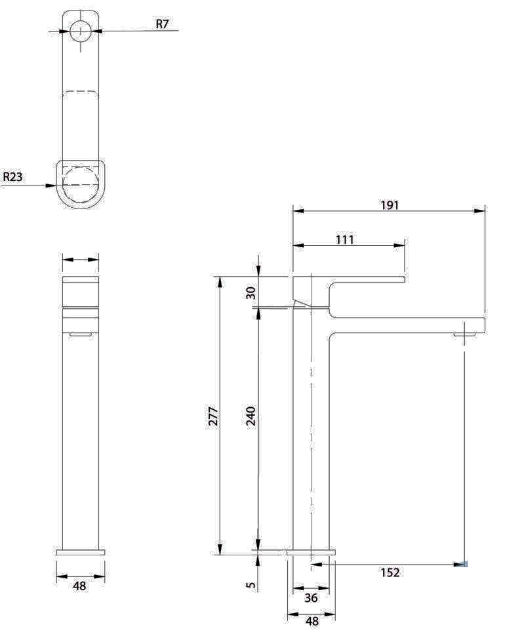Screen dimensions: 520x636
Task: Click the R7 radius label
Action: [162, 24]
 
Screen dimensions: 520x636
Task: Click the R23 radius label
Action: [12, 177]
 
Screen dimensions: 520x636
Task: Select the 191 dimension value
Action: [390, 205]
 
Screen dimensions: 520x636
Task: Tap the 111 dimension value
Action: [344, 240]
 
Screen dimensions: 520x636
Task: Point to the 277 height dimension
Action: [213, 416]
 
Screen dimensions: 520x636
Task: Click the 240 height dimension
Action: [251, 416]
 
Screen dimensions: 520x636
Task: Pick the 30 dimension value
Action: [251, 293]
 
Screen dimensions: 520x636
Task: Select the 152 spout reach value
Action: [390, 572]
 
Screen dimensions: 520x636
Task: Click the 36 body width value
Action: [311, 597]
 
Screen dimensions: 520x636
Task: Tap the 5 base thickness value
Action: [251, 585]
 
